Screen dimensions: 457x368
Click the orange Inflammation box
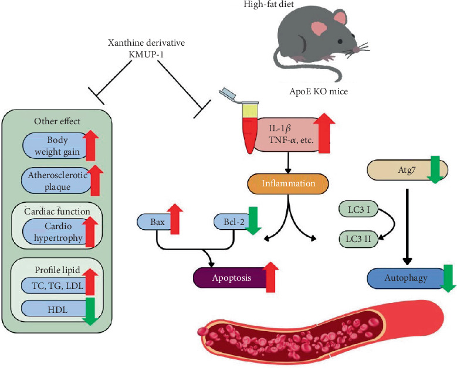click(288, 184)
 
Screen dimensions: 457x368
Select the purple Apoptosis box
click(232, 278)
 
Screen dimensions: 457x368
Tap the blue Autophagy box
click(406, 278)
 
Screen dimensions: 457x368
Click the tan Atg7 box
click(407, 170)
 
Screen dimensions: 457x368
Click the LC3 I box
click(358, 210)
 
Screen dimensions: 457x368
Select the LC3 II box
click(358, 239)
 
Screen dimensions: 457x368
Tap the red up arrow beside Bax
click(175, 219)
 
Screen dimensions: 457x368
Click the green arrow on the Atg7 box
click(435, 169)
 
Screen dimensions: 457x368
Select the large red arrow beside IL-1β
click(324, 133)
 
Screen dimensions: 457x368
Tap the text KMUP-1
click(146, 54)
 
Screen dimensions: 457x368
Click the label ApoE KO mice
click(319, 91)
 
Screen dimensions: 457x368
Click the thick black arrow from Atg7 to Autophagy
click(407, 227)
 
